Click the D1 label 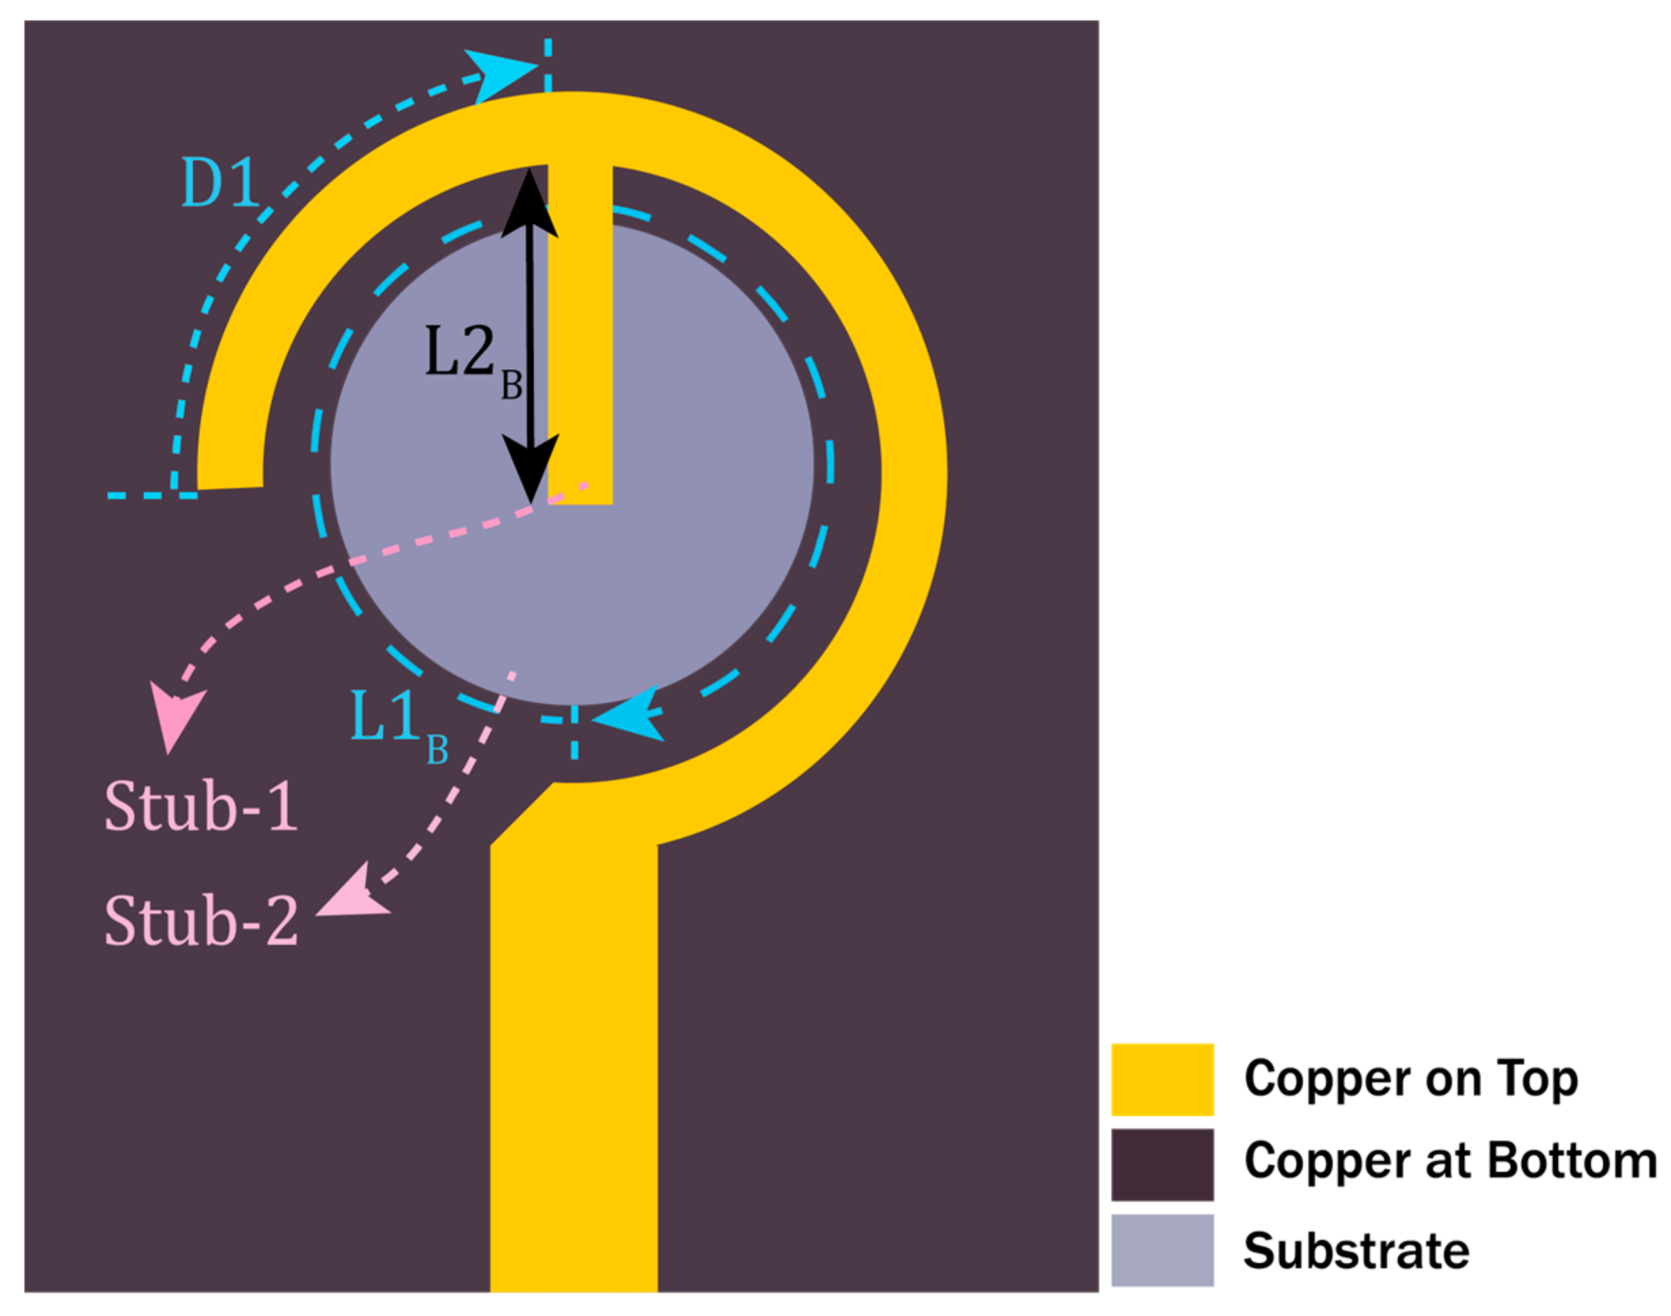221,183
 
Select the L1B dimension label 397,723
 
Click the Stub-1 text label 200,806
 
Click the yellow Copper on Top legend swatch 1162,1079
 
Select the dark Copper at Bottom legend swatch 1162,1164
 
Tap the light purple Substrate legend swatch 1162,1250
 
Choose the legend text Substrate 1356,1251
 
